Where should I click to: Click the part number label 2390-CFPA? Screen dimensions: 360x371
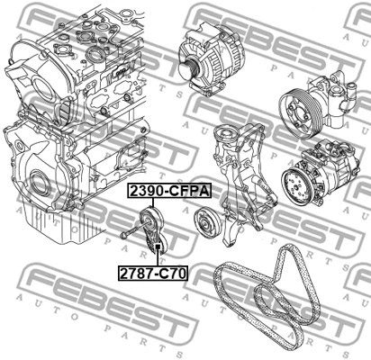click(x=167, y=192)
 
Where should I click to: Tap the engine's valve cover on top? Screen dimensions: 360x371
click(x=99, y=45)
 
